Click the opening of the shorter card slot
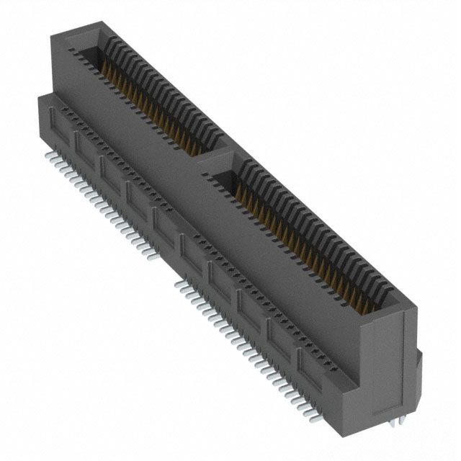pyautogui.click(x=144, y=94)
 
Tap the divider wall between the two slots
pyautogui.click(x=216, y=156)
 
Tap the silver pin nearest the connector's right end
pyautogui.click(x=313, y=416)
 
